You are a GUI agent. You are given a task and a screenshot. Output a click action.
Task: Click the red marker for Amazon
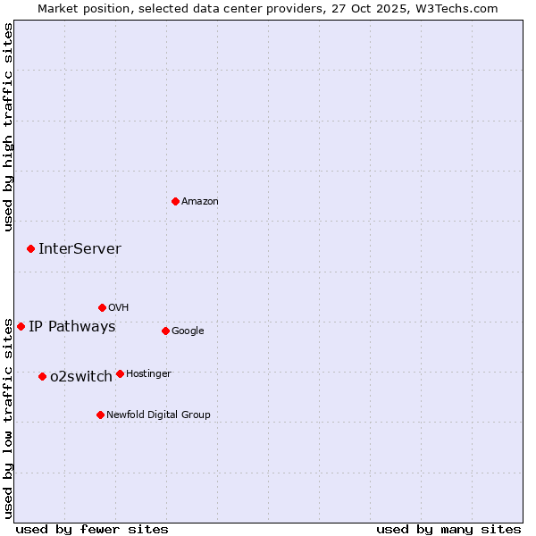(x=175, y=201)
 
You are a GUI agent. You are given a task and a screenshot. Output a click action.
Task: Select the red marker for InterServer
(x=30, y=248)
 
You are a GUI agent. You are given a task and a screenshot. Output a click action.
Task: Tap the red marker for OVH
(x=102, y=307)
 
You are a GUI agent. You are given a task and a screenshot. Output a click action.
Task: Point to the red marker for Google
(x=165, y=331)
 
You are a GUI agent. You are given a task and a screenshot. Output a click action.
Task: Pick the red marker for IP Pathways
(x=21, y=326)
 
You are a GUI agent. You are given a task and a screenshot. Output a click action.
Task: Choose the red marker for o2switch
(x=42, y=376)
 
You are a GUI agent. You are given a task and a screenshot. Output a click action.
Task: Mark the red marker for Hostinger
(x=120, y=373)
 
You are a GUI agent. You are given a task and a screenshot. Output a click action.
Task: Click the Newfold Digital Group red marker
(x=100, y=415)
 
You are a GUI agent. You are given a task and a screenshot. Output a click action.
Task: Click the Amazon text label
(x=200, y=202)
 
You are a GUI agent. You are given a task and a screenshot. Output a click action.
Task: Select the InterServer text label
(x=80, y=249)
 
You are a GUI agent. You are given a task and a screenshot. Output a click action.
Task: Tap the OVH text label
(x=119, y=308)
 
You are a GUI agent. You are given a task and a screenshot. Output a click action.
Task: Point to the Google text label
(x=188, y=331)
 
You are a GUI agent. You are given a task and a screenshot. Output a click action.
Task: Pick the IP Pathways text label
(x=72, y=327)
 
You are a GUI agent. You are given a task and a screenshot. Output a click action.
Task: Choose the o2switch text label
(x=81, y=377)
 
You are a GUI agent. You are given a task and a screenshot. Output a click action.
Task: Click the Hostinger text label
(x=148, y=374)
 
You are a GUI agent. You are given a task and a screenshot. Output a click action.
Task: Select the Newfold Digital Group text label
(x=158, y=415)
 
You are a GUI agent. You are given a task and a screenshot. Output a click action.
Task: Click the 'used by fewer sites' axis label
(x=92, y=529)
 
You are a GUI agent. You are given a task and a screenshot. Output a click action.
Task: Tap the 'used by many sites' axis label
(x=448, y=529)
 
